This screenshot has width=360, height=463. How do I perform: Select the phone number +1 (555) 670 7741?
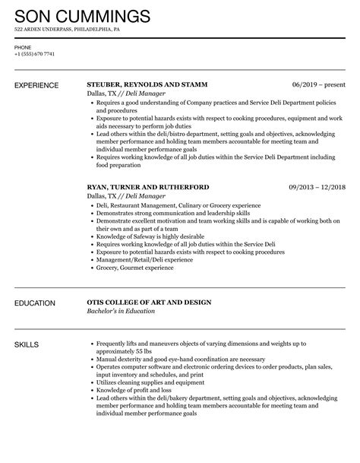click(x=35, y=53)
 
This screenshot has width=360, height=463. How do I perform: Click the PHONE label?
click(x=23, y=46)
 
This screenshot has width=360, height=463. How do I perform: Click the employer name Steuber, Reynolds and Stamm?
click(x=147, y=84)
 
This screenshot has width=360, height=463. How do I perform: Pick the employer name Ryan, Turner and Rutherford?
click(x=148, y=186)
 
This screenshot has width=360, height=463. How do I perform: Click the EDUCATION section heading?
click(x=36, y=303)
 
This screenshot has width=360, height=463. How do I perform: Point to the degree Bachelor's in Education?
click(x=122, y=312)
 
